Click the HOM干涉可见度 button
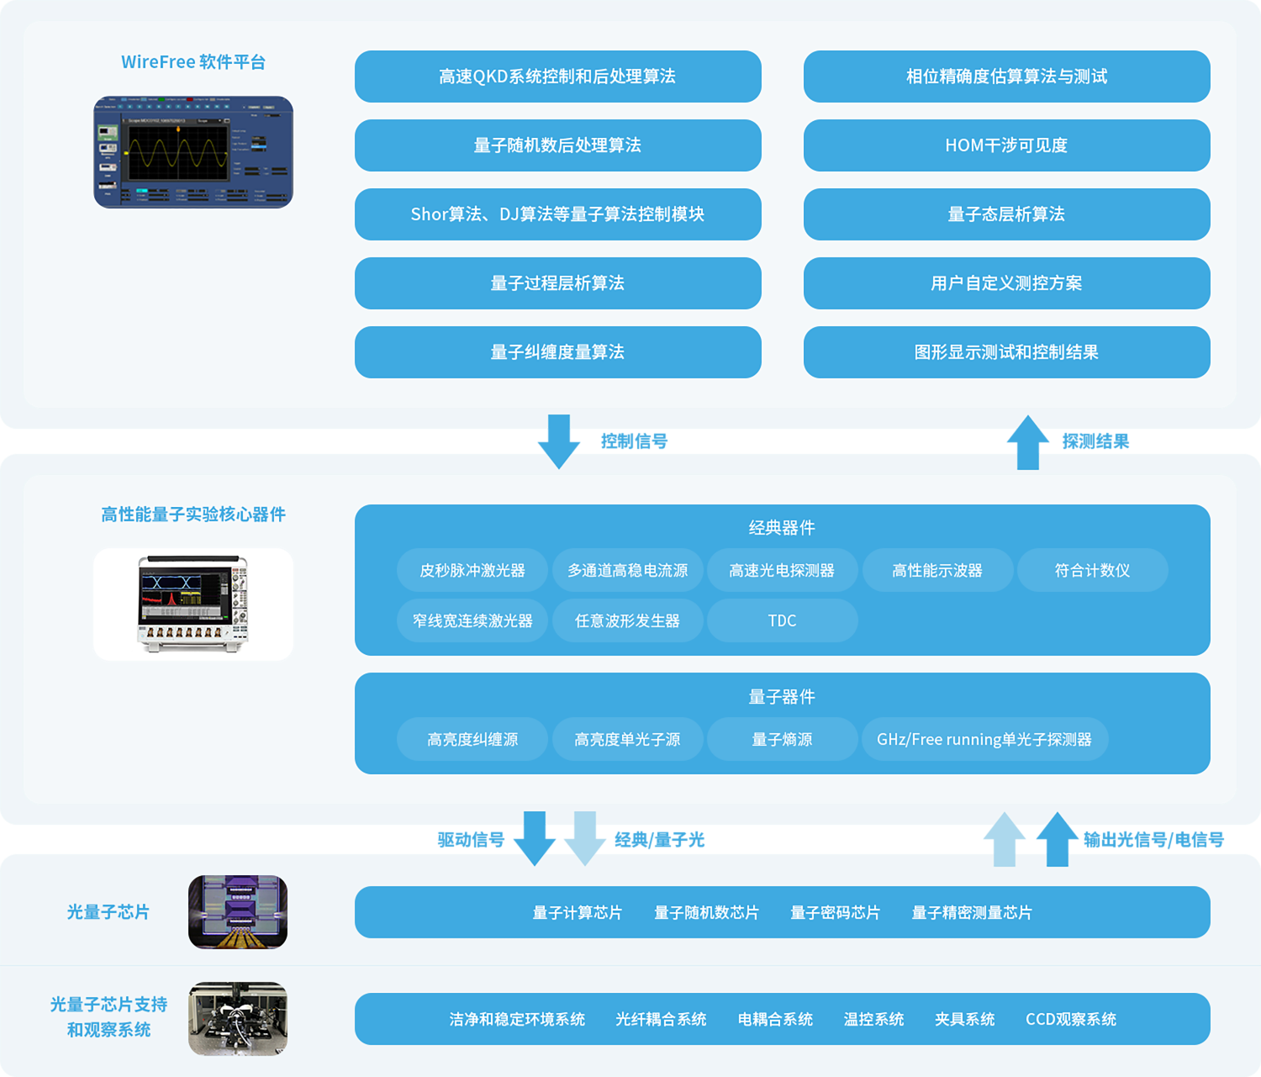coord(1006,145)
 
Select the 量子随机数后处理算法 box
coord(557,145)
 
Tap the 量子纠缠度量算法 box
coord(557,352)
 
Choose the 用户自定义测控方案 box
coord(1006,283)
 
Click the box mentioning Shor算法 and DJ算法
coord(557,214)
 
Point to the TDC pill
coord(782,620)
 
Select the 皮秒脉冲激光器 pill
coord(472,570)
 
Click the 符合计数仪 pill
coord(1092,570)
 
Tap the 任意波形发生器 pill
coord(627,620)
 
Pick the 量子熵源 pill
coord(782,739)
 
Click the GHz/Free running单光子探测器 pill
coord(984,739)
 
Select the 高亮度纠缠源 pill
coord(472,739)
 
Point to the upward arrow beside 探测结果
coord(1027,441)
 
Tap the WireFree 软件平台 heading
coord(193,62)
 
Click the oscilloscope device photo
coord(193,604)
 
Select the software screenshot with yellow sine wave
coord(193,152)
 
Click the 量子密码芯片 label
coord(835,912)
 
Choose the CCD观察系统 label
coord(1070,1019)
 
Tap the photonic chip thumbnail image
coord(238,912)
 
